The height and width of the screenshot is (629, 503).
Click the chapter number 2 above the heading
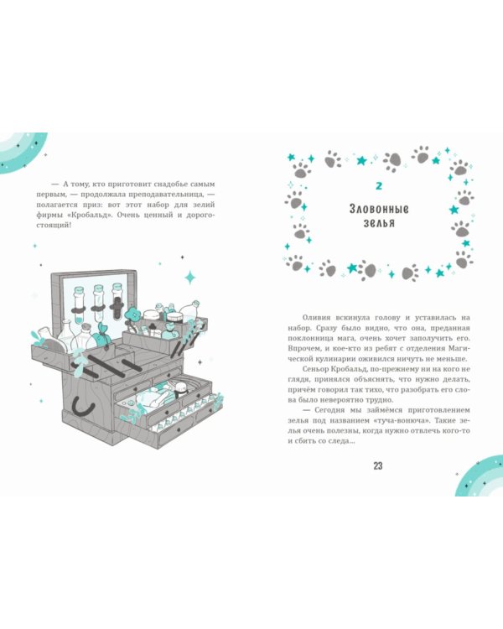[379, 185]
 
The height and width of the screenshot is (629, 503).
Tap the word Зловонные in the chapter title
[379, 209]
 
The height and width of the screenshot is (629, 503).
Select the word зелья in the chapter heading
[379, 223]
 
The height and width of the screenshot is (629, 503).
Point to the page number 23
[378, 465]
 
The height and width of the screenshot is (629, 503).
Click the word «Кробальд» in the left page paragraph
[90, 215]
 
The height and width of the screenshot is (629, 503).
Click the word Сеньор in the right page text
[314, 369]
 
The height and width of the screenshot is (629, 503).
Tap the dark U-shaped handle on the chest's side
[84, 407]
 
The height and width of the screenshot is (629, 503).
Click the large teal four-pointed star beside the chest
[190, 278]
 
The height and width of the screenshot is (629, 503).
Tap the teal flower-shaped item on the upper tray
[132, 315]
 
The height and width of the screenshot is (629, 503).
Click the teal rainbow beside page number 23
[480, 476]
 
